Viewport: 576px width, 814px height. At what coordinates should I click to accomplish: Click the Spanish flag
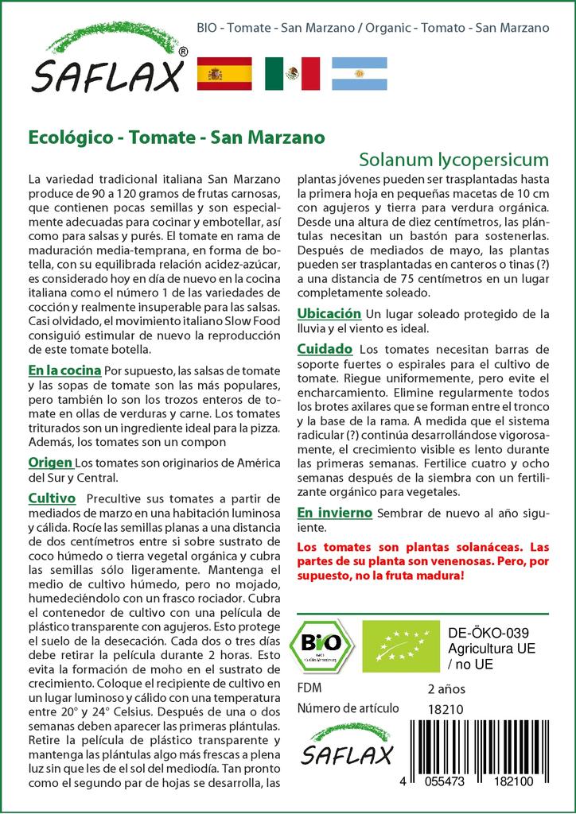pyautogui.click(x=224, y=74)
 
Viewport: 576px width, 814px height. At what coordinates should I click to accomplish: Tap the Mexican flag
pyautogui.click(x=292, y=74)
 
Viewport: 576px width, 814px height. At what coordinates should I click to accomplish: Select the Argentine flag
pyautogui.click(x=359, y=74)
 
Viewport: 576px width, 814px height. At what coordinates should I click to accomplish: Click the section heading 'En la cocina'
pyautogui.click(x=64, y=370)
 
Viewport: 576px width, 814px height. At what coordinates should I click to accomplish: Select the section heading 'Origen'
pyautogui.click(x=51, y=463)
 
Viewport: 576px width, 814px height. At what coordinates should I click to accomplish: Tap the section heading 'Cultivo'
pyautogui.click(x=52, y=498)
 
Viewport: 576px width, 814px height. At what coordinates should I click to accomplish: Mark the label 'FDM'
pyautogui.click(x=309, y=688)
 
